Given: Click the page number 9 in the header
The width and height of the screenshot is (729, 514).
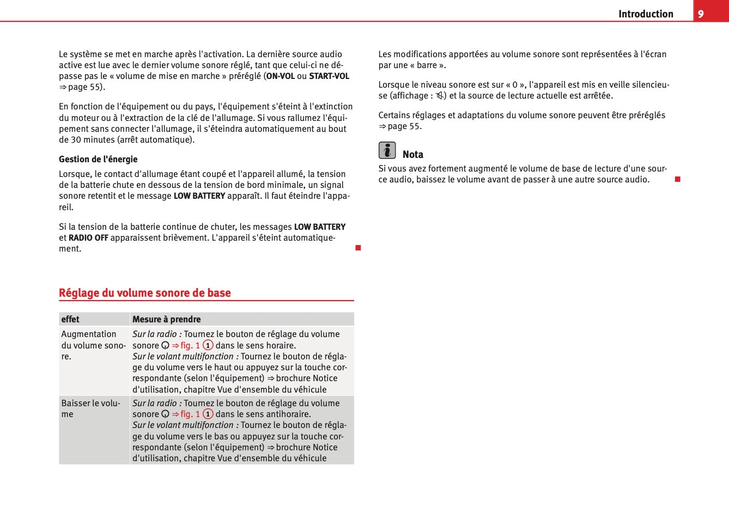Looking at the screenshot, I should pyautogui.click(x=701, y=14).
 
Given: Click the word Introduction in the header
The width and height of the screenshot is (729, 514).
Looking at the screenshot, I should pyautogui.click(x=646, y=14).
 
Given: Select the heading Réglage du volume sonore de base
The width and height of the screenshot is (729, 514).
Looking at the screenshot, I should pyautogui.click(x=145, y=293).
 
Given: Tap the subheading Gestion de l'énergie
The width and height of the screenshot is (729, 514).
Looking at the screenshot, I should pyautogui.click(x=98, y=159).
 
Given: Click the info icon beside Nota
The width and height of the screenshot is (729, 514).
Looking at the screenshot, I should pyautogui.click(x=387, y=150).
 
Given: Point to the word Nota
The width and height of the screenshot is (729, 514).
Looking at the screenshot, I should pyautogui.click(x=413, y=155).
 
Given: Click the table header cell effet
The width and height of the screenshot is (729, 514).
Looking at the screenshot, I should pyautogui.click(x=70, y=320).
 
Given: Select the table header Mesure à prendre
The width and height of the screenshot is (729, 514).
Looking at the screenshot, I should pyautogui.click(x=167, y=320).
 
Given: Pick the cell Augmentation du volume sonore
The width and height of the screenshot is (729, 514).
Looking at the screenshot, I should pyautogui.click(x=93, y=345).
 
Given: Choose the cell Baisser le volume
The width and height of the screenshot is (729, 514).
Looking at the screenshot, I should pyautogui.click(x=90, y=408).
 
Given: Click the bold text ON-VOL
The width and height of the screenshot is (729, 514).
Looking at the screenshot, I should pyautogui.click(x=280, y=76).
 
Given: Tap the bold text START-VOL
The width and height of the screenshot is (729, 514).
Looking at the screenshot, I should pyautogui.click(x=329, y=76).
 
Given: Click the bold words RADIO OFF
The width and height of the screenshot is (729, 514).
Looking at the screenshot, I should pyautogui.click(x=88, y=238).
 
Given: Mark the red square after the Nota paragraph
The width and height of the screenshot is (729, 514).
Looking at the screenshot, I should pyautogui.click(x=678, y=179).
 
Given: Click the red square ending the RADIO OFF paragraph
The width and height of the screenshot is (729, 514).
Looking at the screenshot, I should pyautogui.click(x=358, y=248).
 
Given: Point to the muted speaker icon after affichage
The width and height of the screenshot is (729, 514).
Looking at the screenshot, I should pyautogui.click(x=439, y=96).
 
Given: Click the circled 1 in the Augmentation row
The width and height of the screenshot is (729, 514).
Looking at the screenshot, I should pyautogui.click(x=208, y=345).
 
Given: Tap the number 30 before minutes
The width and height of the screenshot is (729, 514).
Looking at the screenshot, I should pyautogui.click(x=77, y=140).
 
